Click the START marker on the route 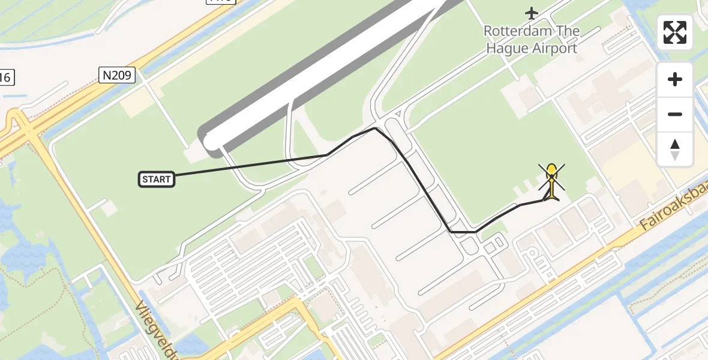(x=157, y=179)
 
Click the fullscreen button (x=675, y=32)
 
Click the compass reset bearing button (x=675, y=149)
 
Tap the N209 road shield (x=117, y=75)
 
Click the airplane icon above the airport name (x=532, y=12)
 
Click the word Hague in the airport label (x=505, y=48)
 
